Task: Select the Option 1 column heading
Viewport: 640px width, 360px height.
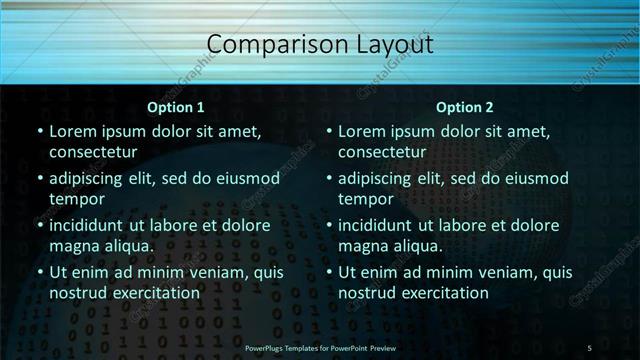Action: point(175,107)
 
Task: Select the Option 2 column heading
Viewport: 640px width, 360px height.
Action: point(465,107)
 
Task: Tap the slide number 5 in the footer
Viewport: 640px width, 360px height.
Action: point(589,347)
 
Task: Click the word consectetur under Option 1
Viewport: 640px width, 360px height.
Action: point(93,152)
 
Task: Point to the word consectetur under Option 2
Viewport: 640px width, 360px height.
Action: point(383,152)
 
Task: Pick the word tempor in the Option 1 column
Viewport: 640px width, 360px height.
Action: point(74,199)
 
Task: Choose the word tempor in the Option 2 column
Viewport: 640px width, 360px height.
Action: point(364,199)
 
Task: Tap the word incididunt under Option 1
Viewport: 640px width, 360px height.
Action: point(91,226)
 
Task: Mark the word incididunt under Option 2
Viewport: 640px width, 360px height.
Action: point(381,226)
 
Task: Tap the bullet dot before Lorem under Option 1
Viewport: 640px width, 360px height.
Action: point(39,132)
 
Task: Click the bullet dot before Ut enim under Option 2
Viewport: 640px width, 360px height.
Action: point(329,273)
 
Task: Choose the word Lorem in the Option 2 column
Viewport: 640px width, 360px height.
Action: point(362,132)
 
